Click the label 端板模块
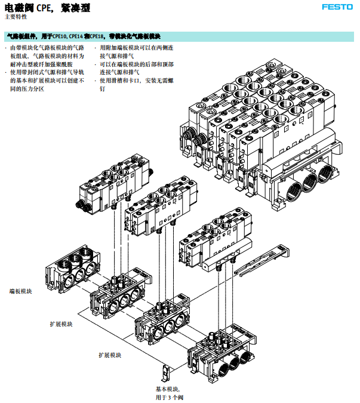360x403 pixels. [21, 291]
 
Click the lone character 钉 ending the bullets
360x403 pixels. [103, 88]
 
